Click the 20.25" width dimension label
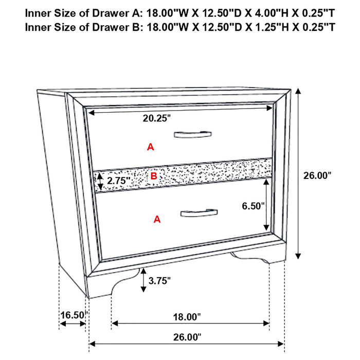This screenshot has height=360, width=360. pyautogui.click(x=156, y=118)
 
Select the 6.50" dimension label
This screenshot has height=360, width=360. pyautogui.click(x=254, y=206)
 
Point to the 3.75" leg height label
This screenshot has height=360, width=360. pyautogui.click(x=159, y=280)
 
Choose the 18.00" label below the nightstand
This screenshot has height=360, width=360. pyautogui.click(x=186, y=317)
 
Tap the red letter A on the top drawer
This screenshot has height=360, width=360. pyautogui.click(x=150, y=147)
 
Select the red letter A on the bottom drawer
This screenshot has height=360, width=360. pyautogui.click(x=157, y=220)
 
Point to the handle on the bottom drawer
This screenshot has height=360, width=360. pyautogui.click(x=199, y=212)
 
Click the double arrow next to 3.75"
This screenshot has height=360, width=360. pyautogui.click(x=142, y=280)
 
